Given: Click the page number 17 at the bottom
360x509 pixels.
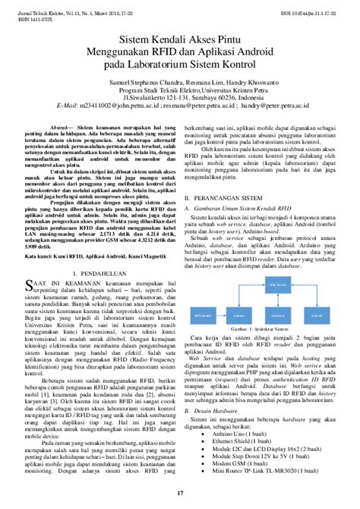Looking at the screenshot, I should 180,495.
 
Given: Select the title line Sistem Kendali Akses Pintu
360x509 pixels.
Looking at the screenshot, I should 180,37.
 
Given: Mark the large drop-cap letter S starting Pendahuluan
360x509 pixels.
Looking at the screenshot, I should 31,284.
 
